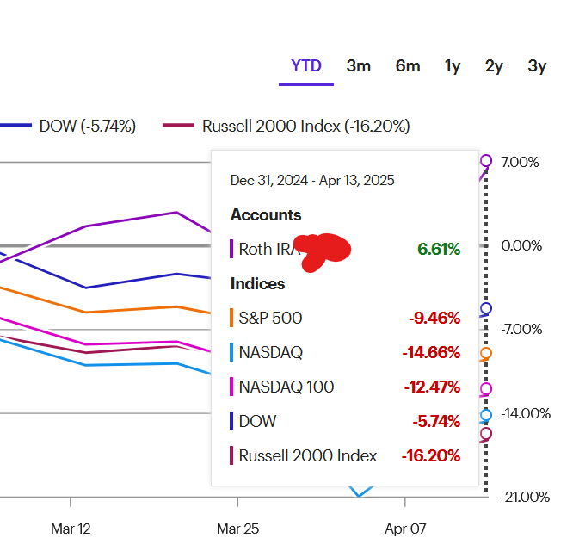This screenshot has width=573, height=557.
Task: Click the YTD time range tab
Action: (x=305, y=66)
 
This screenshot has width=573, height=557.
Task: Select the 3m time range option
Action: (x=359, y=66)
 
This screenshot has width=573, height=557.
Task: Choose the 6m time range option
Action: (x=408, y=66)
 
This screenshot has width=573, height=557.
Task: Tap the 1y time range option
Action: (x=453, y=66)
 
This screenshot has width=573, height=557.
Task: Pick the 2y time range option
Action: (x=494, y=66)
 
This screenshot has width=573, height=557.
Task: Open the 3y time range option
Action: (x=537, y=66)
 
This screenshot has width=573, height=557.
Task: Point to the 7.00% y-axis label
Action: (x=521, y=162)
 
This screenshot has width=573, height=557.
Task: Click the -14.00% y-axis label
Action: (x=525, y=413)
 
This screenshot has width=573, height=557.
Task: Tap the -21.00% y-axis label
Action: (x=525, y=497)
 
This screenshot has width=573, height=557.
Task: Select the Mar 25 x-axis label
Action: (x=237, y=529)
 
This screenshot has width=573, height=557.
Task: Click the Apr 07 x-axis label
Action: (x=404, y=529)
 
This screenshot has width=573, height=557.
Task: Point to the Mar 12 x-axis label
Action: (x=71, y=529)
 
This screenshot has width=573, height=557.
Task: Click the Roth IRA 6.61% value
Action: (x=439, y=250)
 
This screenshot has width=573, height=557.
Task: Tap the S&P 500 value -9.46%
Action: (x=434, y=319)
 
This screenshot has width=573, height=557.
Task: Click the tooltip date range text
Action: (x=312, y=181)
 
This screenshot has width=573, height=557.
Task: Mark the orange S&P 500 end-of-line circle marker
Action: (x=486, y=354)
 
